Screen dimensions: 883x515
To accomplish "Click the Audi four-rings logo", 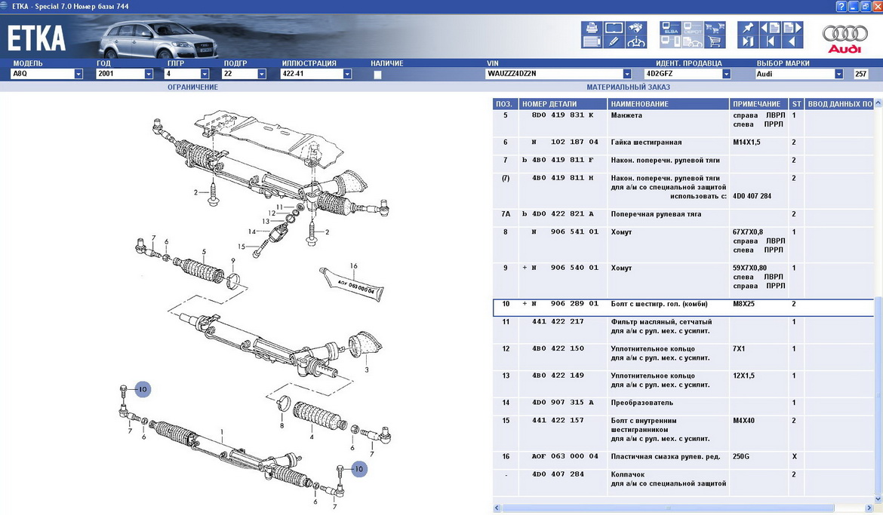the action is (x=845, y=33).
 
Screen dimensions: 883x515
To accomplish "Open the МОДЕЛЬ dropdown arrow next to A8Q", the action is (x=78, y=74).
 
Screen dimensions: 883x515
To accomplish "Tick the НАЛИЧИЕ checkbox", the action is (x=377, y=75).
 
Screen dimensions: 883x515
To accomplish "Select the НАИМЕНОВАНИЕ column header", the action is (x=640, y=104).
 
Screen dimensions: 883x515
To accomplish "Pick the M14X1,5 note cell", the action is (x=746, y=143).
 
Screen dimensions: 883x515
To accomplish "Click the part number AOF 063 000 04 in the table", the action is (x=565, y=456).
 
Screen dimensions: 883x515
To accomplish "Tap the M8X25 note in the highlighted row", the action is (x=743, y=304).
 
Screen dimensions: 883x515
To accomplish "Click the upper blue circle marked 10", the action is (x=143, y=389).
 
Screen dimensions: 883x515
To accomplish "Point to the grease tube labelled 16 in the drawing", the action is (x=352, y=285).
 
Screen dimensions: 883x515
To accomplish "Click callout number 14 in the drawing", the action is (x=252, y=231).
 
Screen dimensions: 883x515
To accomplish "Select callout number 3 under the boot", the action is (x=367, y=369).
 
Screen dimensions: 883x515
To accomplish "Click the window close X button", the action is (x=876, y=6).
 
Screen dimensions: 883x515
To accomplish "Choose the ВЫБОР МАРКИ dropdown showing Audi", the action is (x=799, y=74).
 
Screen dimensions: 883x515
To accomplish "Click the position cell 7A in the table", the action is (x=506, y=214).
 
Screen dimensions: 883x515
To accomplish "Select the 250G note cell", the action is (x=741, y=456).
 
